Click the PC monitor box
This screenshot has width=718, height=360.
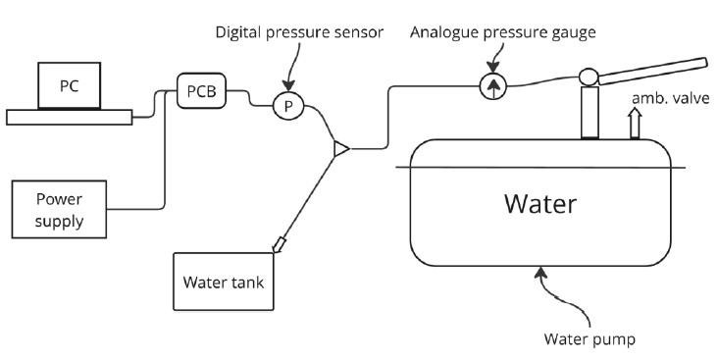70,86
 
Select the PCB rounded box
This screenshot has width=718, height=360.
202,92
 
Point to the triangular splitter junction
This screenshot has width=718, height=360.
339,149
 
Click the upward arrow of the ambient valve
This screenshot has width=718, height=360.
634,121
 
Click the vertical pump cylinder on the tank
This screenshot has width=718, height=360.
590,113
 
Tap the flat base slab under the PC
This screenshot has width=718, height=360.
70,117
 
